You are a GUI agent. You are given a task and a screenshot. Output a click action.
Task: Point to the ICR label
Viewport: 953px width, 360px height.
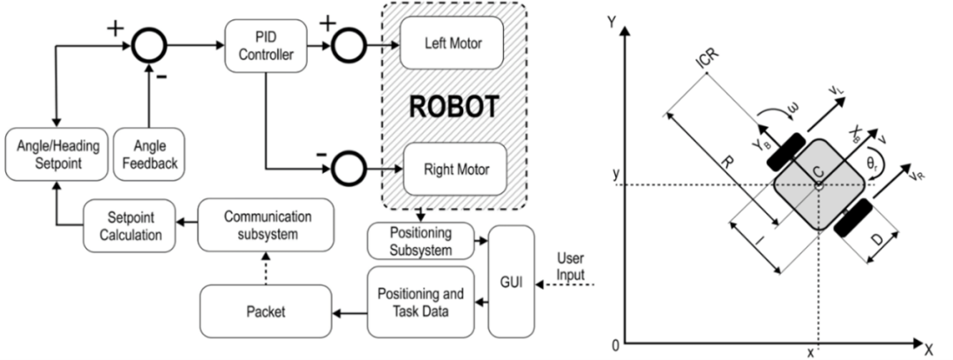[x=706, y=63]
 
